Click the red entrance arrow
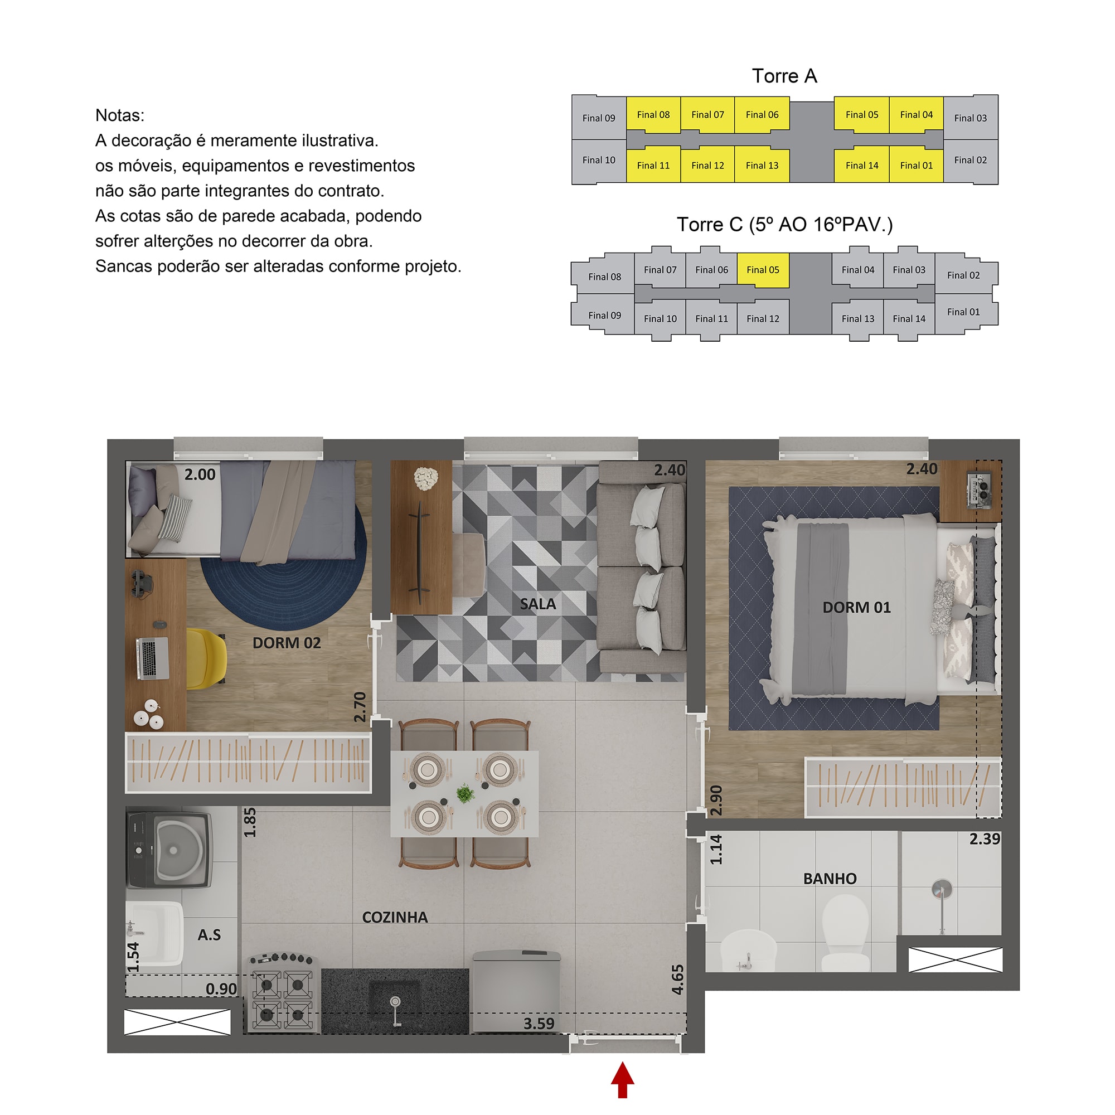click(x=622, y=1080)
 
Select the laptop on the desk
click(x=152, y=658)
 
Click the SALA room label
click(x=537, y=604)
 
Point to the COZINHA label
click(x=395, y=917)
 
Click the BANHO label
click(x=830, y=879)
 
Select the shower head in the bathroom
click(x=941, y=889)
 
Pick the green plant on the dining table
click(x=465, y=793)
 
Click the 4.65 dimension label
click(x=677, y=980)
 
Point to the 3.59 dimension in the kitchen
click(x=539, y=1023)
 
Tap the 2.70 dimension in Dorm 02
click(x=360, y=707)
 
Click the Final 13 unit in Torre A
click(x=762, y=165)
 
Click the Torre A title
click(x=784, y=76)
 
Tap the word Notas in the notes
click(x=119, y=115)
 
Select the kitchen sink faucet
click(x=395, y=1011)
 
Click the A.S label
click(x=209, y=934)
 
